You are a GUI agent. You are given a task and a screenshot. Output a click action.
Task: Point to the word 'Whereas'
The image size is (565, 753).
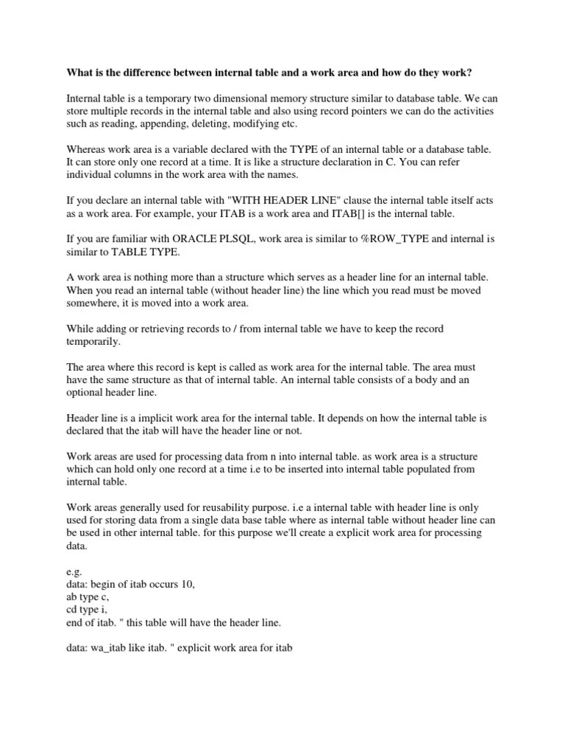[x=87, y=149]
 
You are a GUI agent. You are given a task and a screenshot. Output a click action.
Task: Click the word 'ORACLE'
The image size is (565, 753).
[x=198, y=239]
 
